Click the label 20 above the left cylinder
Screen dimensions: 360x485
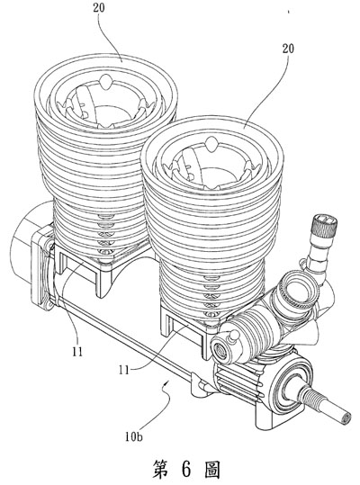(99, 8)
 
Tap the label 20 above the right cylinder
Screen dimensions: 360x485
(288, 49)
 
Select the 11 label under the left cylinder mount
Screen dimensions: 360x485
(77, 351)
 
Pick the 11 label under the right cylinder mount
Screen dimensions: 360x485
(124, 370)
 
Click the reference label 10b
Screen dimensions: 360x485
(134, 437)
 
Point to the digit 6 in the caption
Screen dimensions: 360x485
(186, 470)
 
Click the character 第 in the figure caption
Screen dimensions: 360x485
(160, 470)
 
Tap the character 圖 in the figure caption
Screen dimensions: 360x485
(212, 470)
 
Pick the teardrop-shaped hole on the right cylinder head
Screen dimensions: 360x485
(212, 145)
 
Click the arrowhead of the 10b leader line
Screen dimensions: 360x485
(167, 383)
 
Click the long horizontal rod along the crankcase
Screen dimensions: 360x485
(123, 337)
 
